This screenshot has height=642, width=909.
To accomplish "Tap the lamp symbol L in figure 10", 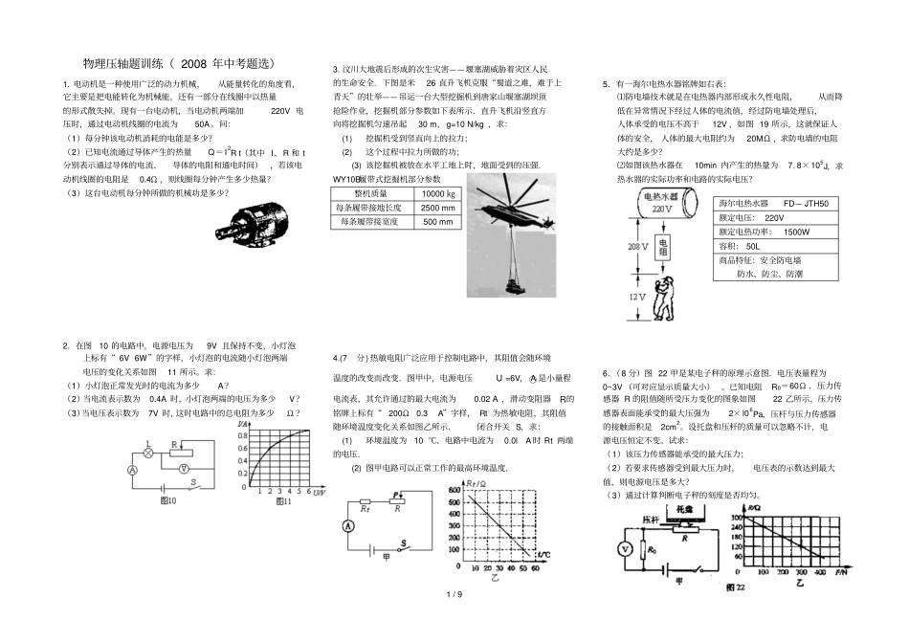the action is pyautogui.click(x=147, y=446).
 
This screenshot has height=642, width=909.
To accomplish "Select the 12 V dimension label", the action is pyautogui.click(x=637, y=298).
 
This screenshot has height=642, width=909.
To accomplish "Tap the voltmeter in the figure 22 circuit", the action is pyautogui.click(x=625, y=549).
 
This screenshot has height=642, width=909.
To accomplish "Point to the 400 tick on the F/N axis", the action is pyautogui.click(x=820, y=570).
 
